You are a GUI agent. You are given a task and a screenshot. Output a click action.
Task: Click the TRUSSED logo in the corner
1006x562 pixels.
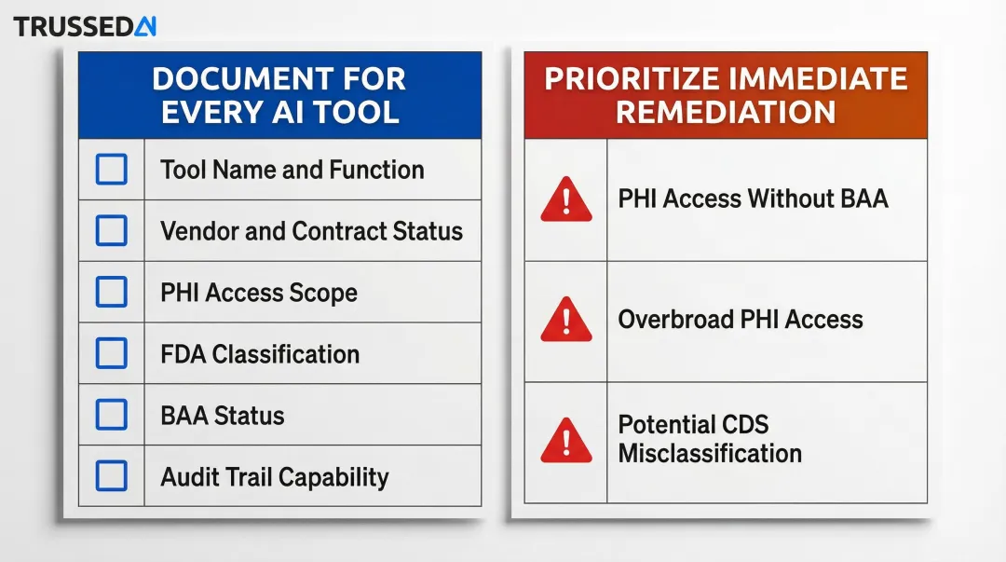pos(85,26)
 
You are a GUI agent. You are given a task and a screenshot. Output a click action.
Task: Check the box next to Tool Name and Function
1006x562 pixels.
pos(112,170)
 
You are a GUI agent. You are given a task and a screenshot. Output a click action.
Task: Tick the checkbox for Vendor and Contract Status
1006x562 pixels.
pos(112,231)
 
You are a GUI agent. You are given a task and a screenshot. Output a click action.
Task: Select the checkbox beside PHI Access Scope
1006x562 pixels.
pos(112,293)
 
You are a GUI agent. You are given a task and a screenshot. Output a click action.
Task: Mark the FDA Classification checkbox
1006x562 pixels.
pos(112,354)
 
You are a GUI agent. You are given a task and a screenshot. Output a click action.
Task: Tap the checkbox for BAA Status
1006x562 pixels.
pos(112,415)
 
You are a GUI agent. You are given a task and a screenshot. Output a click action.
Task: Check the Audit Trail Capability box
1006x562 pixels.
pos(112,476)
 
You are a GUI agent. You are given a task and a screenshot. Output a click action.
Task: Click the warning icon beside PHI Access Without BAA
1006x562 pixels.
pos(565,199)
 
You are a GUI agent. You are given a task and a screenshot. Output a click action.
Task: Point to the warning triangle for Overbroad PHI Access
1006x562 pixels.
pos(565,320)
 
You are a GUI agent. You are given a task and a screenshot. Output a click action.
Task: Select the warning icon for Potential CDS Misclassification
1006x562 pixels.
pos(565,440)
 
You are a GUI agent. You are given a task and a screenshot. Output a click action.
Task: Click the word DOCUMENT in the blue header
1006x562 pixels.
pos(231,79)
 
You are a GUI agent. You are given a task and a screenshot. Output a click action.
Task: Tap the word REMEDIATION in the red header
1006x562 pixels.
pos(726,112)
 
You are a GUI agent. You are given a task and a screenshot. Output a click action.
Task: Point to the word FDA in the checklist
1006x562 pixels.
pos(184,354)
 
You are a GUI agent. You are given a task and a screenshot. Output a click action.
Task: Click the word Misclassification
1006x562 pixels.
pos(710,454)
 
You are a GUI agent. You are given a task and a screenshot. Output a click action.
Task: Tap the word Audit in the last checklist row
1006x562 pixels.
pos(190,477)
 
